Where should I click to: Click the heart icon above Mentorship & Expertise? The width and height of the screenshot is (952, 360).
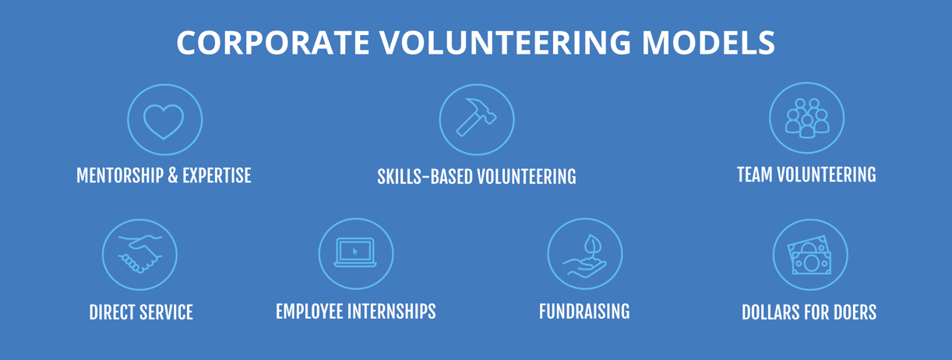pos(164,121)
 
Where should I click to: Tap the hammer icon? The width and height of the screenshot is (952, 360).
pos(476,119)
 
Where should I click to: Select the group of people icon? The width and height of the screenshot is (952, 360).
pos(806,118)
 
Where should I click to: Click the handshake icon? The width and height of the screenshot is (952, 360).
pos(139,255)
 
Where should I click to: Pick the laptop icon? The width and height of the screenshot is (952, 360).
pos(355,253)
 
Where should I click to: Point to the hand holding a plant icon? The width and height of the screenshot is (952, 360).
pos(584,255)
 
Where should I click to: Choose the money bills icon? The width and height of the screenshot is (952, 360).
pos(809,255)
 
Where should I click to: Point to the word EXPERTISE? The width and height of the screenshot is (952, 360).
pos(217,176)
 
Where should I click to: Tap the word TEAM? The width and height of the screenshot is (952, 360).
pos(753,175)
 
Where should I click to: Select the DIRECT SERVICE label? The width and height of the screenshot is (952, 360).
pos(141,313)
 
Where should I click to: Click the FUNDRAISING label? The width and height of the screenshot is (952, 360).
pos(584,312)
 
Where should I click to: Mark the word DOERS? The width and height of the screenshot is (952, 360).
pos(853,313)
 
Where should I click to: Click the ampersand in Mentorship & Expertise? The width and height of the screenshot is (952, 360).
pos(172,176)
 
